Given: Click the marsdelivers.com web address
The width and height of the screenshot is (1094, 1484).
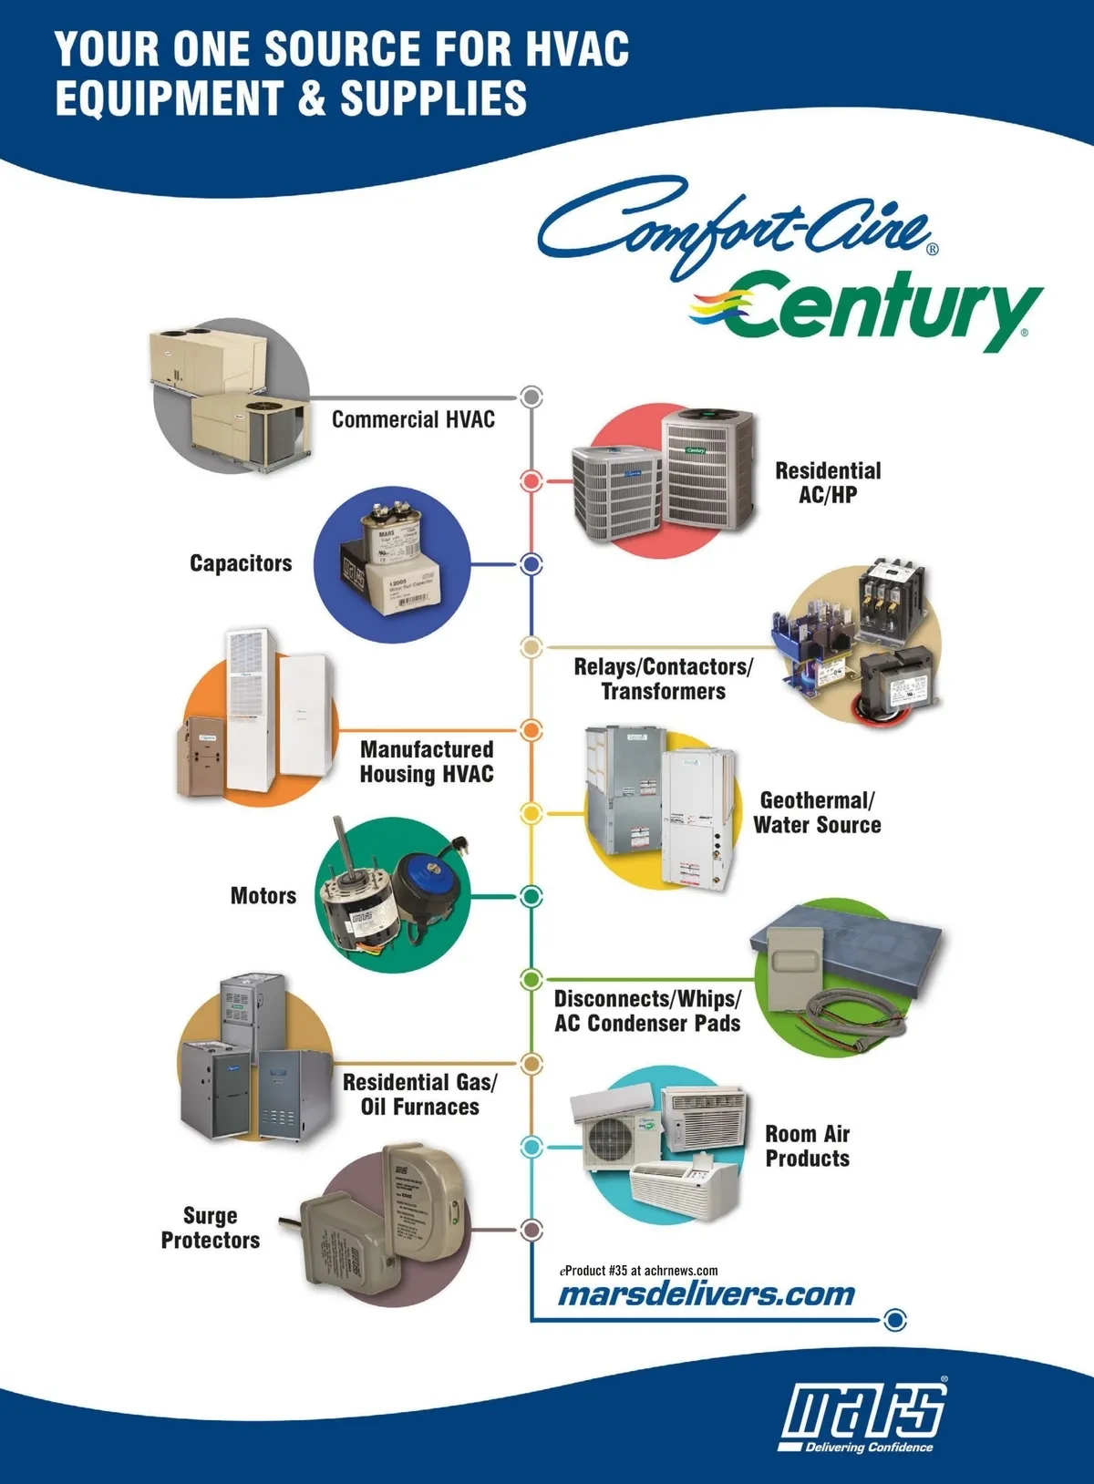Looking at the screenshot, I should pos(707,1294).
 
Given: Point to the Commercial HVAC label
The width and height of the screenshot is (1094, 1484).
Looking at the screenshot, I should pos(413,419).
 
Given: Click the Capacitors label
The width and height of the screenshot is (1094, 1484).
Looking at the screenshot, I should pos(241,563).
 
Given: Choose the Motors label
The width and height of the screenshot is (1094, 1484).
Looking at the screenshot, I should pos(263,896).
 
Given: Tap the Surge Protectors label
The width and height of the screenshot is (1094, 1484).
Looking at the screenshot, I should pos(211,1228).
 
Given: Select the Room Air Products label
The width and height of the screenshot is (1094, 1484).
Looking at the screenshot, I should pos(808,1146).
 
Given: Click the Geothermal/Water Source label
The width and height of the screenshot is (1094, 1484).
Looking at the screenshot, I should pos(817,812).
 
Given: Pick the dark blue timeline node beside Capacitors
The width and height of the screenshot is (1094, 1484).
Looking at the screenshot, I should pos(532,564).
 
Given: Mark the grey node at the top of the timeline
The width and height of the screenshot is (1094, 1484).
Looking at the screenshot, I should pos(532,397).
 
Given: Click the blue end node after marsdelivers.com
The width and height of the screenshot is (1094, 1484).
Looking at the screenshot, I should pos(896,1319).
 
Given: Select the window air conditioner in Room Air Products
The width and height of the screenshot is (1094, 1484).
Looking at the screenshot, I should pos(702,1117).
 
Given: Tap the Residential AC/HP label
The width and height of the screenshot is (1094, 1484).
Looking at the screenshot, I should pos(828,482).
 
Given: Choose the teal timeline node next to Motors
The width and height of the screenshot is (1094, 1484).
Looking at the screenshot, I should pos(532,896).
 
